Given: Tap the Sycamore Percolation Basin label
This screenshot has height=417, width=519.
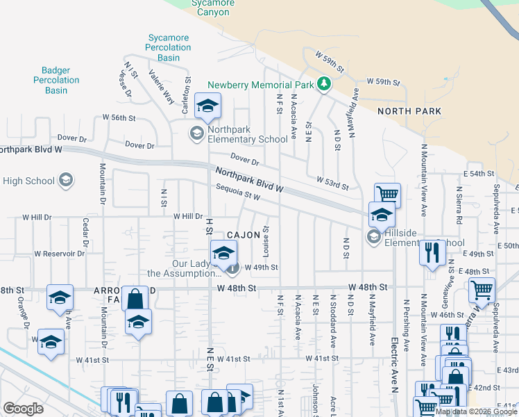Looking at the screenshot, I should pos(169,47).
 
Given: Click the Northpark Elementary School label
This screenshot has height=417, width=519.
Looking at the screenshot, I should pos(248,139).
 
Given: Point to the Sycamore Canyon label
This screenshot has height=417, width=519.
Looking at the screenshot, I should pos(213,8).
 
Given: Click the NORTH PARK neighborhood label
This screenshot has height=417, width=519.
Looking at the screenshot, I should pos(409,111).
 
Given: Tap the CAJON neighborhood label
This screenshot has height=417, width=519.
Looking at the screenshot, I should pos(241,236).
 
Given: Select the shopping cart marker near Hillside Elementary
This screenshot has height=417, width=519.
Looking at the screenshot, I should pos(387,194).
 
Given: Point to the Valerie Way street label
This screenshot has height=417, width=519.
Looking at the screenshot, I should pos(160,88).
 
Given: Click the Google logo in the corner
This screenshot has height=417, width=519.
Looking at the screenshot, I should pos(23,409).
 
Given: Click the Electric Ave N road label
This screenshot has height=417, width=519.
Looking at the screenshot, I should pos(392,361).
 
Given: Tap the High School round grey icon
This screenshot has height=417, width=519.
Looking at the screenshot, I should pos(66,181).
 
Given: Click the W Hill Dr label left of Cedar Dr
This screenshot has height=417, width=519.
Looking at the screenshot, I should pos(37,217).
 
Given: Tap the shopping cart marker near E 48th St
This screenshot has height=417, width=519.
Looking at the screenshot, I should pos(481,289).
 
